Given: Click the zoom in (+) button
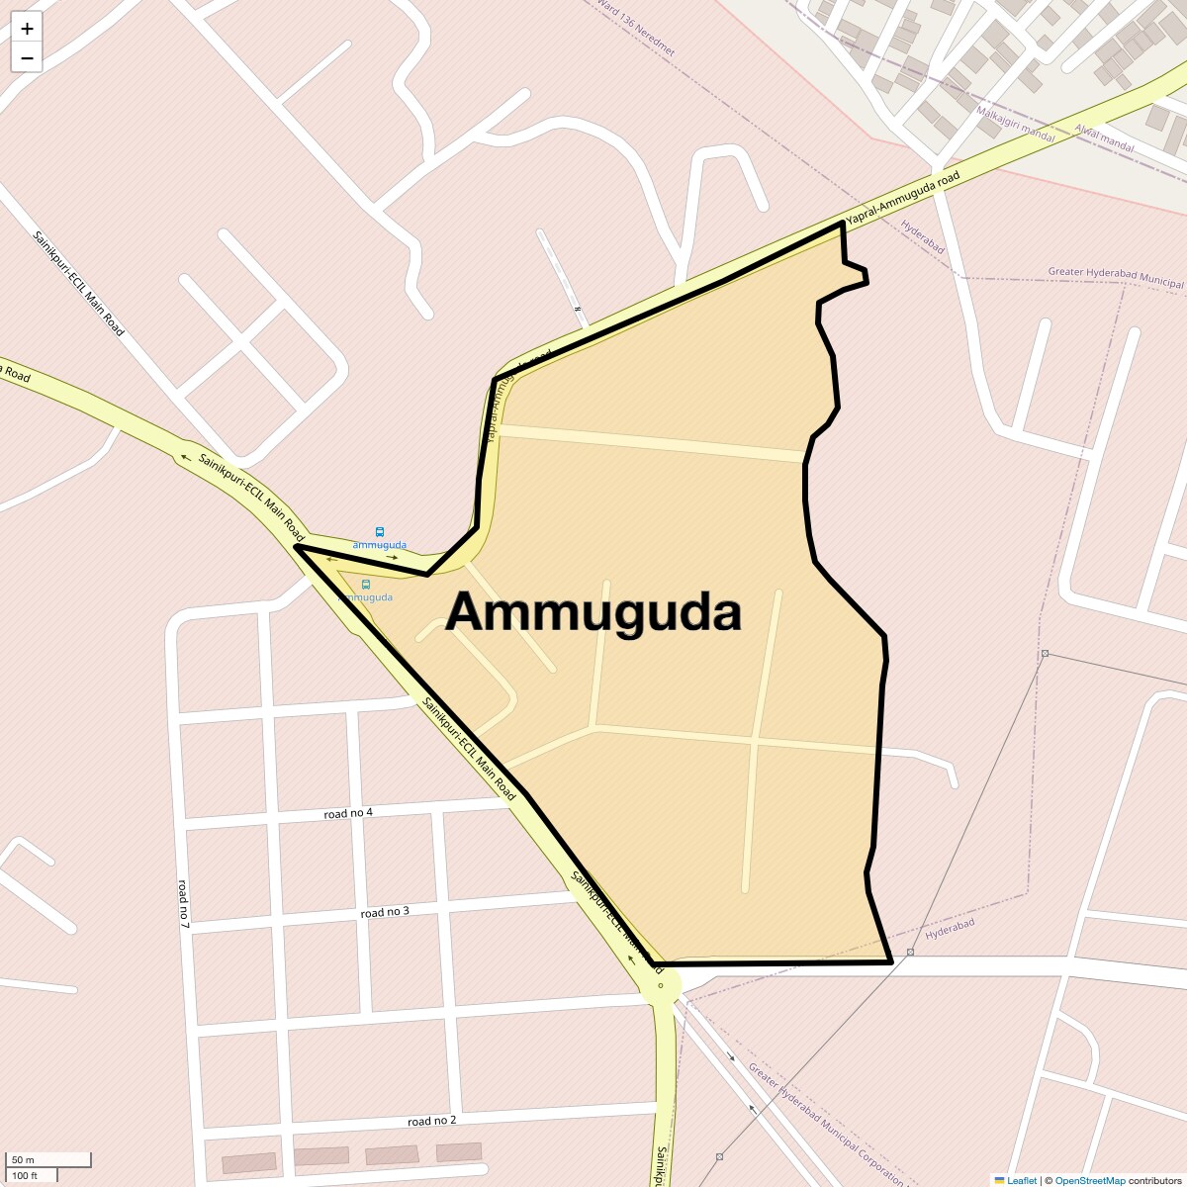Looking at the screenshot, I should coord(27,29).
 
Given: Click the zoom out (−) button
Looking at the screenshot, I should coord(27,58).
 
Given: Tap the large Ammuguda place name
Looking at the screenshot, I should coord(593,612).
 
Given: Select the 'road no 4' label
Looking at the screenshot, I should coord(348,813).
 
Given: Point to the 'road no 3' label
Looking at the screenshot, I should coord(385,912).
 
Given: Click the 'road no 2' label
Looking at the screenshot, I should coord(432,1121).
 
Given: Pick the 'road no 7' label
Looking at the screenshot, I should coord(183,902).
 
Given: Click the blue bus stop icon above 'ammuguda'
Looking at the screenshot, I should coord(380,532).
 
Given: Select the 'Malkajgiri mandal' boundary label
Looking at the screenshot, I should coord(1015,124).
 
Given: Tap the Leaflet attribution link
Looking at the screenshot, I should coord(1022,1180).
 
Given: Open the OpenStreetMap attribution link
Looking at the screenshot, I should coord(1089,1180).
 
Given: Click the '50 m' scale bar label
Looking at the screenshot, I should coord(24,1159).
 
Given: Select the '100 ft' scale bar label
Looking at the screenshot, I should coord(26,1175).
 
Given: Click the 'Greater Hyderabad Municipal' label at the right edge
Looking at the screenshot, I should coord(1116,278).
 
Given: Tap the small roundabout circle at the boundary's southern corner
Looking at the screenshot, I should coord(661,985).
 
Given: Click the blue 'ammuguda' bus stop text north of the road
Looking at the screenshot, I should coord(380,545).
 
